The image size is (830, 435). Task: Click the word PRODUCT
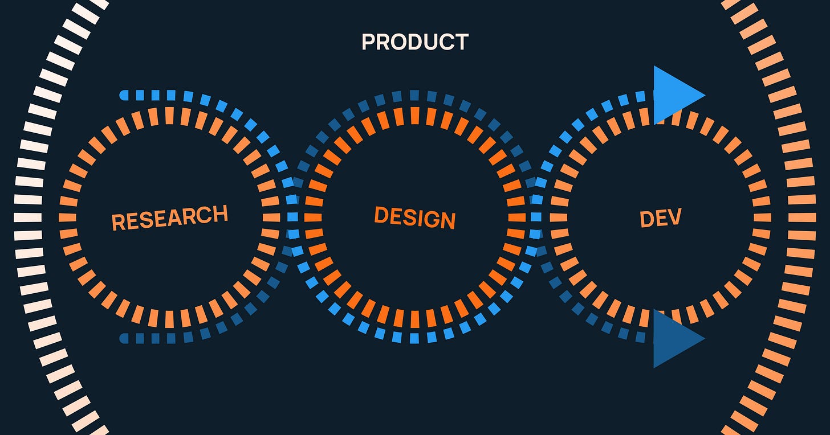[x=415, y=42]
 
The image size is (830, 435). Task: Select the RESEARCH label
[x=169, y=217]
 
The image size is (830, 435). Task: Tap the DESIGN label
[x=414, y=217]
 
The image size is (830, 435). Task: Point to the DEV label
[x=661, y=218]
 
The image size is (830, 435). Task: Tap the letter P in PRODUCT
[x=368, y=42]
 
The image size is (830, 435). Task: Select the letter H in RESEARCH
[x=220, y=214]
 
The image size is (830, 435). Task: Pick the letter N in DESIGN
[x=447, y=220]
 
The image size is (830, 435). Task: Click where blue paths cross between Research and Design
[x=292, y=217]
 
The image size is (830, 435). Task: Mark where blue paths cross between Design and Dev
[x=536, y=217]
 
